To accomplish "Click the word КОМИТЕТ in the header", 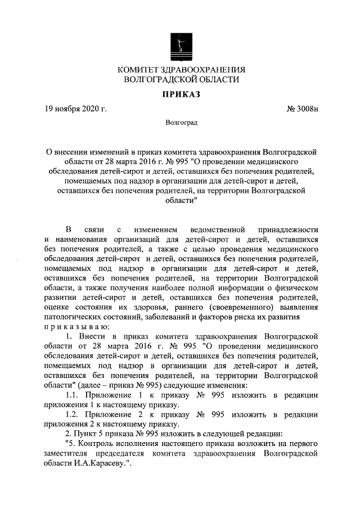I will tap(137, 69).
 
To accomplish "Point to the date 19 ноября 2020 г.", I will tap(76, 109).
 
